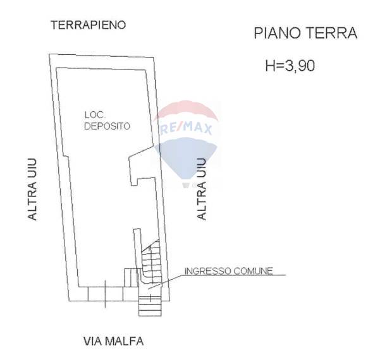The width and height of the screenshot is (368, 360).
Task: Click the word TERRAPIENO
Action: click(89, 25)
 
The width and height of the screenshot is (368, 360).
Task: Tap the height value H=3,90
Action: click(290, 66)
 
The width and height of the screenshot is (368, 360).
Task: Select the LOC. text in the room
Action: click(95, 115)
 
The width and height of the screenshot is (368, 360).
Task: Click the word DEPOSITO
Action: click(107, 126)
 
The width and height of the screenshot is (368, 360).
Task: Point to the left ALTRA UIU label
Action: click(32, 189)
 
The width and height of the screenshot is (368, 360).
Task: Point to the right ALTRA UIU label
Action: click(202, 189)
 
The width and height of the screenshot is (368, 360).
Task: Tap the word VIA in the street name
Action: click(93, 341)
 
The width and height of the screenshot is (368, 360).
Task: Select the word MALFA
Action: click(125, 341)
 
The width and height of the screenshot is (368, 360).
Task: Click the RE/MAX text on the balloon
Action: click(186, 129)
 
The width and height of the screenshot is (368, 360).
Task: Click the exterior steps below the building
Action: click(150, 306)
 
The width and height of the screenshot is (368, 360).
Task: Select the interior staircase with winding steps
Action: click(151, 263)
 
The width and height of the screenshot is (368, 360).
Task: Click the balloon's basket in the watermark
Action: click(186, 185)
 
